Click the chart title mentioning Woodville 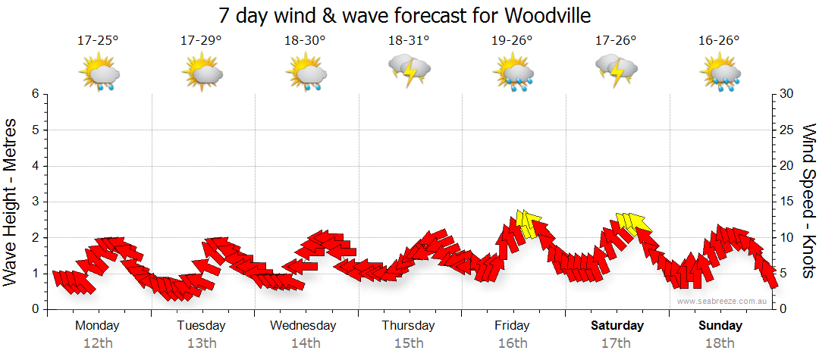404,15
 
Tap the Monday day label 97,326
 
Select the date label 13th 201,343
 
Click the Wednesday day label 303,326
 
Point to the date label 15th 408,343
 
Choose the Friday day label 513,326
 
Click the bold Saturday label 617,326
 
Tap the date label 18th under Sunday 720,343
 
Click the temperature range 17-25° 98,41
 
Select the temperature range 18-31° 409,41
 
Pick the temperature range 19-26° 513,41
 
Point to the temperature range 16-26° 720,41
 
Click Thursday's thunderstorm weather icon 409,70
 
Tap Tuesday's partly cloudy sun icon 202,73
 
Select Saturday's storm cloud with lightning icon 617,70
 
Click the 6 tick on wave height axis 35,94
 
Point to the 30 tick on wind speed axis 788,94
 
